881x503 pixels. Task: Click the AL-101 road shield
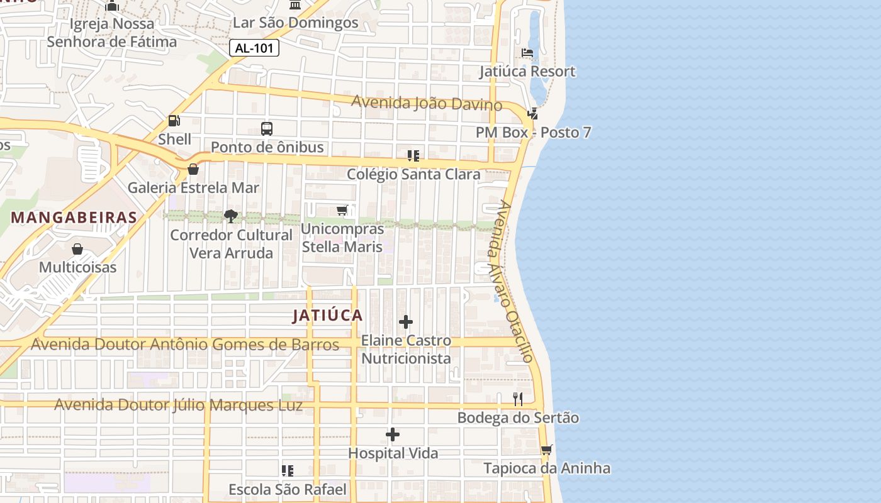(x=254, y=48)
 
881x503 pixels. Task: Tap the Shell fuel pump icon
(x=174, y=121)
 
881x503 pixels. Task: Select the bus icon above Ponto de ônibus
(x=267, y=129)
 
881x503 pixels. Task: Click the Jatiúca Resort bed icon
(x=527, y=53)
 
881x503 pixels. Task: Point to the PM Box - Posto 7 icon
(x=532, y=114)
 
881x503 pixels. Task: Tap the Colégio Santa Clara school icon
(x=413, y=156)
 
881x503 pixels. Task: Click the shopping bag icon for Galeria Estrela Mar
(x=193, y=169)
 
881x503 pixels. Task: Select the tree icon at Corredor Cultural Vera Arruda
(x=231, y=216)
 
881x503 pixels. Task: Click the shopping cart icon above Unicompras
(x=342, y=210)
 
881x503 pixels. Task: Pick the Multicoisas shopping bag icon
(x=77, y=249)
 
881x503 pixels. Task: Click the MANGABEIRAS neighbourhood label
(x=74, y=218)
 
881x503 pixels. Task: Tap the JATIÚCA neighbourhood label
(x=327, y=316)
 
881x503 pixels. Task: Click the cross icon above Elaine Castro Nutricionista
(x=406, y=323)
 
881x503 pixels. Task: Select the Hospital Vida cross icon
(x=393, y=434)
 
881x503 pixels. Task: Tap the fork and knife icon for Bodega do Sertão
(x=518, y=399)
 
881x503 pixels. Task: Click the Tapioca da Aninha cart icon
(x=546, y=450)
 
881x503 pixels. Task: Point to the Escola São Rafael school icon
(x=288, y=471)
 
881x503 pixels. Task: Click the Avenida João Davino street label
(x=426, y=102)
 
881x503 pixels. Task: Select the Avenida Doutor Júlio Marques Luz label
(x=178, y=405)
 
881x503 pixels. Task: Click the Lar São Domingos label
(x=295, y=23)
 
